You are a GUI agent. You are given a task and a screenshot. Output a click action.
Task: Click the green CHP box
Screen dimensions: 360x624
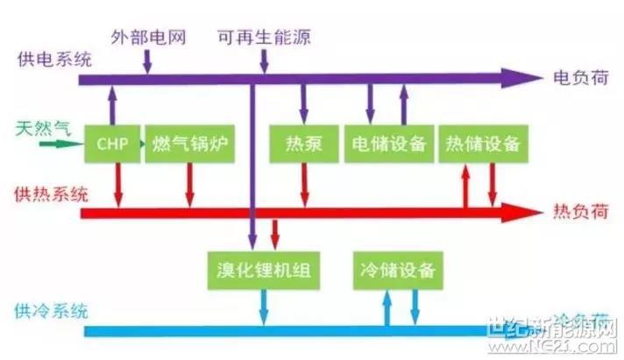[113, 143]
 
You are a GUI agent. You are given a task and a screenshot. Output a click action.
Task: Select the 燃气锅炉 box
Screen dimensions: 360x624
[189, 143]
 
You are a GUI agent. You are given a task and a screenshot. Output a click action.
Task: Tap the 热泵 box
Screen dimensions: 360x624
[304, 143]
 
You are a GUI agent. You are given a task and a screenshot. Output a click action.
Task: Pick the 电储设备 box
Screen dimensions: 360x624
[388, 143]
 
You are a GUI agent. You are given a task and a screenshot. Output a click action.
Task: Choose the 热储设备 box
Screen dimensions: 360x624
[482, 143]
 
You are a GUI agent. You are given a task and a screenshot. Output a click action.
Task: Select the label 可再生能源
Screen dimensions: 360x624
[265, 39]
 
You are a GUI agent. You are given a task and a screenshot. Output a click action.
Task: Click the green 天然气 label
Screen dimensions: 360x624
[42, 130]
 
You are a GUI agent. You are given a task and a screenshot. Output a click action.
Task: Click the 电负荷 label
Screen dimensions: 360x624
[577, 77]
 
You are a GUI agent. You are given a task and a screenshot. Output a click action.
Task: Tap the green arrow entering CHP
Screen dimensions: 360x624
[65, 143]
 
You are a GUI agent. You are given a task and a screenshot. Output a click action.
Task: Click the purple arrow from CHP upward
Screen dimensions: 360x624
[113, 103]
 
